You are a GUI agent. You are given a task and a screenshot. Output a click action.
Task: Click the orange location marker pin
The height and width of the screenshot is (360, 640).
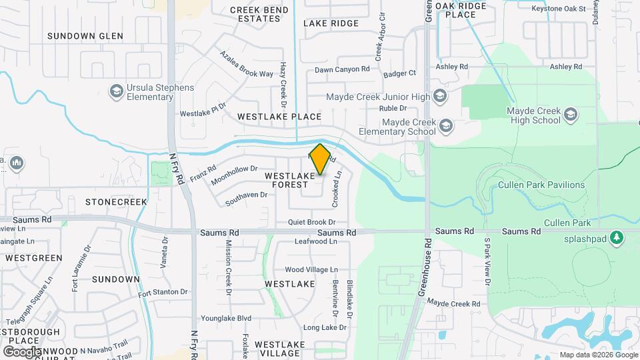320,159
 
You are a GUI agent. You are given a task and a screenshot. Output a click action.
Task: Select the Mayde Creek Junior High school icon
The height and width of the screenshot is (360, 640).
439,97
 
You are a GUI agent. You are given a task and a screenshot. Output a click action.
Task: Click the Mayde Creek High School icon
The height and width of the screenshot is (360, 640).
570,115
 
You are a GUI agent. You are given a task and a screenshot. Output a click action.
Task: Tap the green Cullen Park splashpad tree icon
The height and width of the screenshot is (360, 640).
617,237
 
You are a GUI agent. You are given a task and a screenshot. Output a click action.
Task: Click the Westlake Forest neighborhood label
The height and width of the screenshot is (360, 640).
289,179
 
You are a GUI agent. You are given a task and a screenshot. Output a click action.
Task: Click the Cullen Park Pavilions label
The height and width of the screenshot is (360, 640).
541,185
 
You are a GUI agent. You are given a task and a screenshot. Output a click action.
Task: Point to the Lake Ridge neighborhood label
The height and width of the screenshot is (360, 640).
331,23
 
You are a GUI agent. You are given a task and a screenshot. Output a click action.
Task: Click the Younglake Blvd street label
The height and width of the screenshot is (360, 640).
226,318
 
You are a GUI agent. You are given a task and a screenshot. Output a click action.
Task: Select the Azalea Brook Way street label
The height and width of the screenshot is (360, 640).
247,65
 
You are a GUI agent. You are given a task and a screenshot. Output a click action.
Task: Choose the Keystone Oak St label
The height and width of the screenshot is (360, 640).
558,9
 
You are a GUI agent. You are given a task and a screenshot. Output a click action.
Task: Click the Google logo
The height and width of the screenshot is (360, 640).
22,351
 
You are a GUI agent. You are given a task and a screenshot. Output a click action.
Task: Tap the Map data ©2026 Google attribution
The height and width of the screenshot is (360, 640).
597,355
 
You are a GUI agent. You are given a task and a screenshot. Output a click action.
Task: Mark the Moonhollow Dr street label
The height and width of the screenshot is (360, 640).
234,175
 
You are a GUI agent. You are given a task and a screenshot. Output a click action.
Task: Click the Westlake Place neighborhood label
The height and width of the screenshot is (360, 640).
280,117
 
